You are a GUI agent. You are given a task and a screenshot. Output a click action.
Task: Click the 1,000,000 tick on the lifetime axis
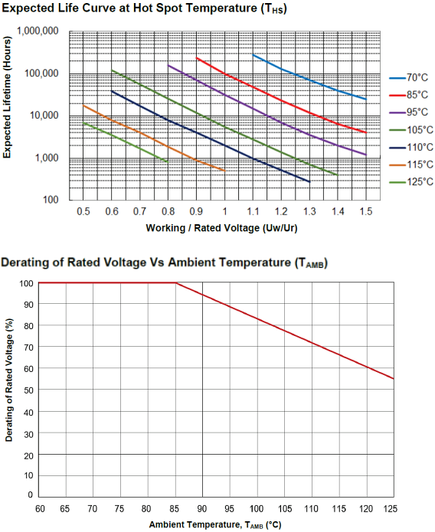[37, 31]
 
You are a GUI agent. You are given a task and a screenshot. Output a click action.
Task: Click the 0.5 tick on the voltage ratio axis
[83, 211]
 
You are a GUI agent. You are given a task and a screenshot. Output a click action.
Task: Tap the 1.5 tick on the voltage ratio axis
[366, 211]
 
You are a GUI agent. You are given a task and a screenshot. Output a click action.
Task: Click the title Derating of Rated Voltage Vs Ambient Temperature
[164, 263]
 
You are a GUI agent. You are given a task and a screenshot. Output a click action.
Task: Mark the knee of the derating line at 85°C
[175, 283]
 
